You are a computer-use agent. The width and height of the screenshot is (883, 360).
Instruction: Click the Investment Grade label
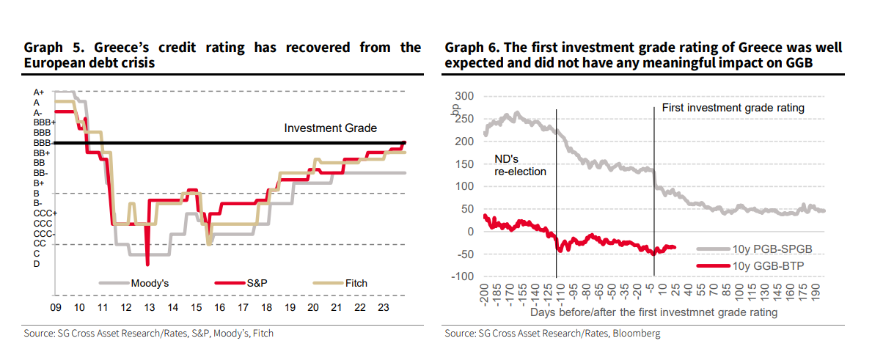(x=330, y=128)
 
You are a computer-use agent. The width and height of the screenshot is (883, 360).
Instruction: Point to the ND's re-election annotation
(x=520, y=164)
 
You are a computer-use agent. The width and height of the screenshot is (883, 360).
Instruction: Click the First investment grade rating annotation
(x=733, y=108)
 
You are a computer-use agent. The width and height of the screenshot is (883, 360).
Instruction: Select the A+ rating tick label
(x=40, y=92)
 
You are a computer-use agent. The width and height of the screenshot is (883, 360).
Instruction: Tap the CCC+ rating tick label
(x=43, y=213)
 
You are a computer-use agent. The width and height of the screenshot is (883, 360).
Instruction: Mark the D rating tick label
(x=37, y=264)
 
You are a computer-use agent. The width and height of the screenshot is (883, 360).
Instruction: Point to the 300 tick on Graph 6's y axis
(x=465, y=96)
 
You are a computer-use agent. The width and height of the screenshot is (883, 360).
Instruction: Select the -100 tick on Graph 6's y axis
(x=463, y=276)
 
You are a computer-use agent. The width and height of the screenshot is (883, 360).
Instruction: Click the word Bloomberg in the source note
(x=639, y=334)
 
